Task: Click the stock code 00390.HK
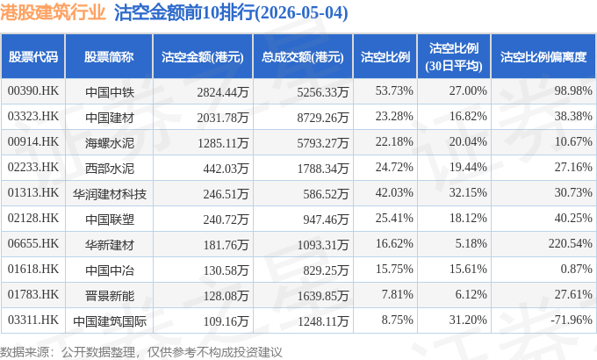33,90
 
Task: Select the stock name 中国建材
110,118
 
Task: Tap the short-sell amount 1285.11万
223,143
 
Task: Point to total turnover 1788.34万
323,169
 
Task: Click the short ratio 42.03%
394,192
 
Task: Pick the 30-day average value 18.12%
468,218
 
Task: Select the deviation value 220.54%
571,243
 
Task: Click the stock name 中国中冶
110,270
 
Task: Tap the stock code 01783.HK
33,294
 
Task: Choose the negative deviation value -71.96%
572,320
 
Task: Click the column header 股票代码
33,57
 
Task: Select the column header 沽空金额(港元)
203,57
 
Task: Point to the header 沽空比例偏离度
543,57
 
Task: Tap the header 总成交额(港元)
303,57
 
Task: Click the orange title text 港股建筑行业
53,12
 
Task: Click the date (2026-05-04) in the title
301,13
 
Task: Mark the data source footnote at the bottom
140,351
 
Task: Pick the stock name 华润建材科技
110,194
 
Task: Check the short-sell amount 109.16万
226,321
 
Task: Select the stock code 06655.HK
33,243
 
